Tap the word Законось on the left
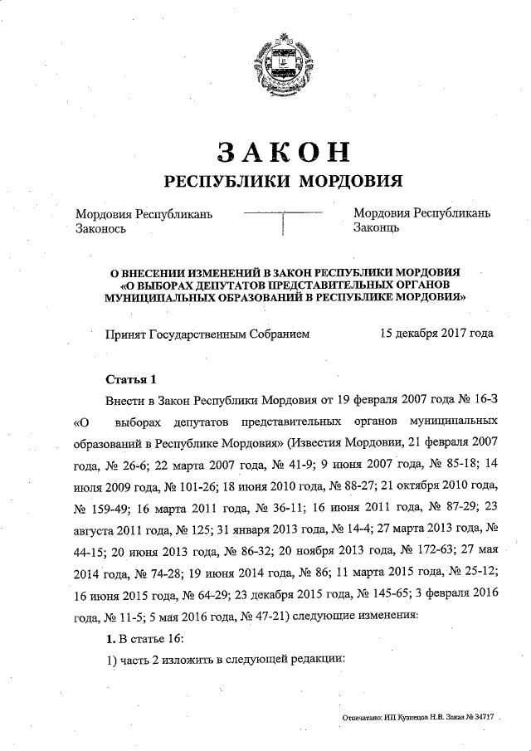pyautogui.click(x=101, y=229)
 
